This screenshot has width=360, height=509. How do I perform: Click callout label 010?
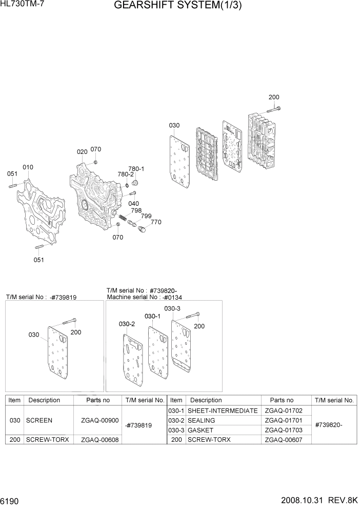pos(28,167)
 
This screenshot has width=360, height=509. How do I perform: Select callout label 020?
pos(82,152)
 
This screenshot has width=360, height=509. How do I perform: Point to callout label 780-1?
pos(136,169)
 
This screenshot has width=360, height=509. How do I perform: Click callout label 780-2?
pos(125,174)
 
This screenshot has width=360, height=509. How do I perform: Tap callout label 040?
pos(134,204)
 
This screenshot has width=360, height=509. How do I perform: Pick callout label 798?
pos(136,210)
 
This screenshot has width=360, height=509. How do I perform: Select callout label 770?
pos(156,222)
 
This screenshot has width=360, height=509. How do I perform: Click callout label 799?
pos(146,216)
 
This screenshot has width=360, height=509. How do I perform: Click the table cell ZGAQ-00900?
pos(96,420)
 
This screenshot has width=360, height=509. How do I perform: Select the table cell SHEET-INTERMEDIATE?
pos(223,411)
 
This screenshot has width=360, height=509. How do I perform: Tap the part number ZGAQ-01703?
pos(283,430)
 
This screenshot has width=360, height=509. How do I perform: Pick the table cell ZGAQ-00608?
pos(96,440)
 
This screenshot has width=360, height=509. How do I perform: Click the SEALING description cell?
pos(201,420)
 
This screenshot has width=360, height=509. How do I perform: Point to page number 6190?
pos(11,500)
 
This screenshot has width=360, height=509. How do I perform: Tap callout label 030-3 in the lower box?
pos(172,308)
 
